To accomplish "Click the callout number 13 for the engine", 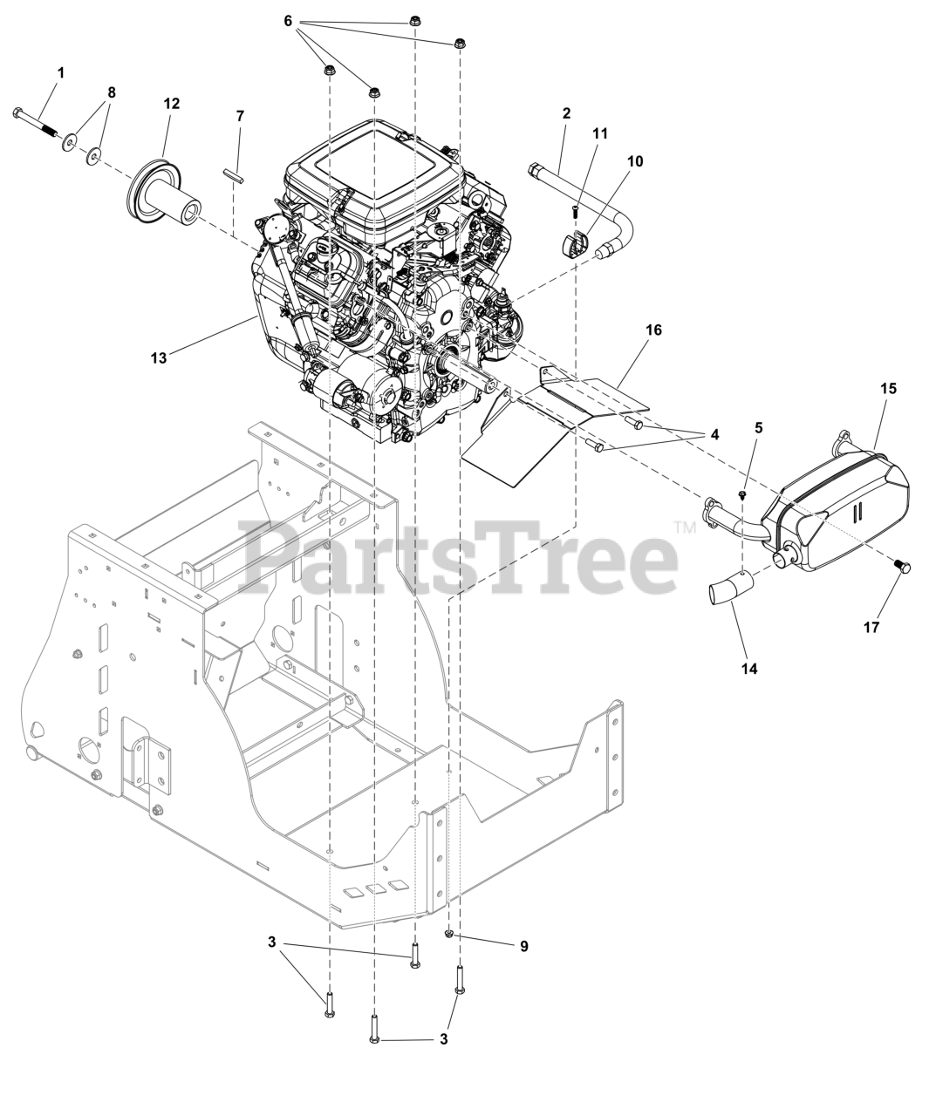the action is pyautogui.click(x=159, y=357).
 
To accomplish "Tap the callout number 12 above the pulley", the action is pyautogui.click(x=172, y=103).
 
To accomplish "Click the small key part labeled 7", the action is pyautogui.click(x=234, y=176).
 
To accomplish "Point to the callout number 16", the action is pyautogui.click(x=653, y=330).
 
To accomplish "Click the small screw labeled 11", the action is pyautogui.click(x=575, y=211).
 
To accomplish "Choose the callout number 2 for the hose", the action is pyautogui.click(x=566, y=113).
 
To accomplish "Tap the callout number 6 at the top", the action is pyautogui.click(x=288, y=22).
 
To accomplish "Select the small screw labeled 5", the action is pyautogui.click(x=742, y=493).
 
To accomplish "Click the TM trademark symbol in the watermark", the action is pyautogui.click(x=685, y=528).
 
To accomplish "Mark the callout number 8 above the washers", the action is pyautogui.click(x=112, y=92).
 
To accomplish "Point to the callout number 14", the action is pyautogui.click(x=749, y=669).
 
